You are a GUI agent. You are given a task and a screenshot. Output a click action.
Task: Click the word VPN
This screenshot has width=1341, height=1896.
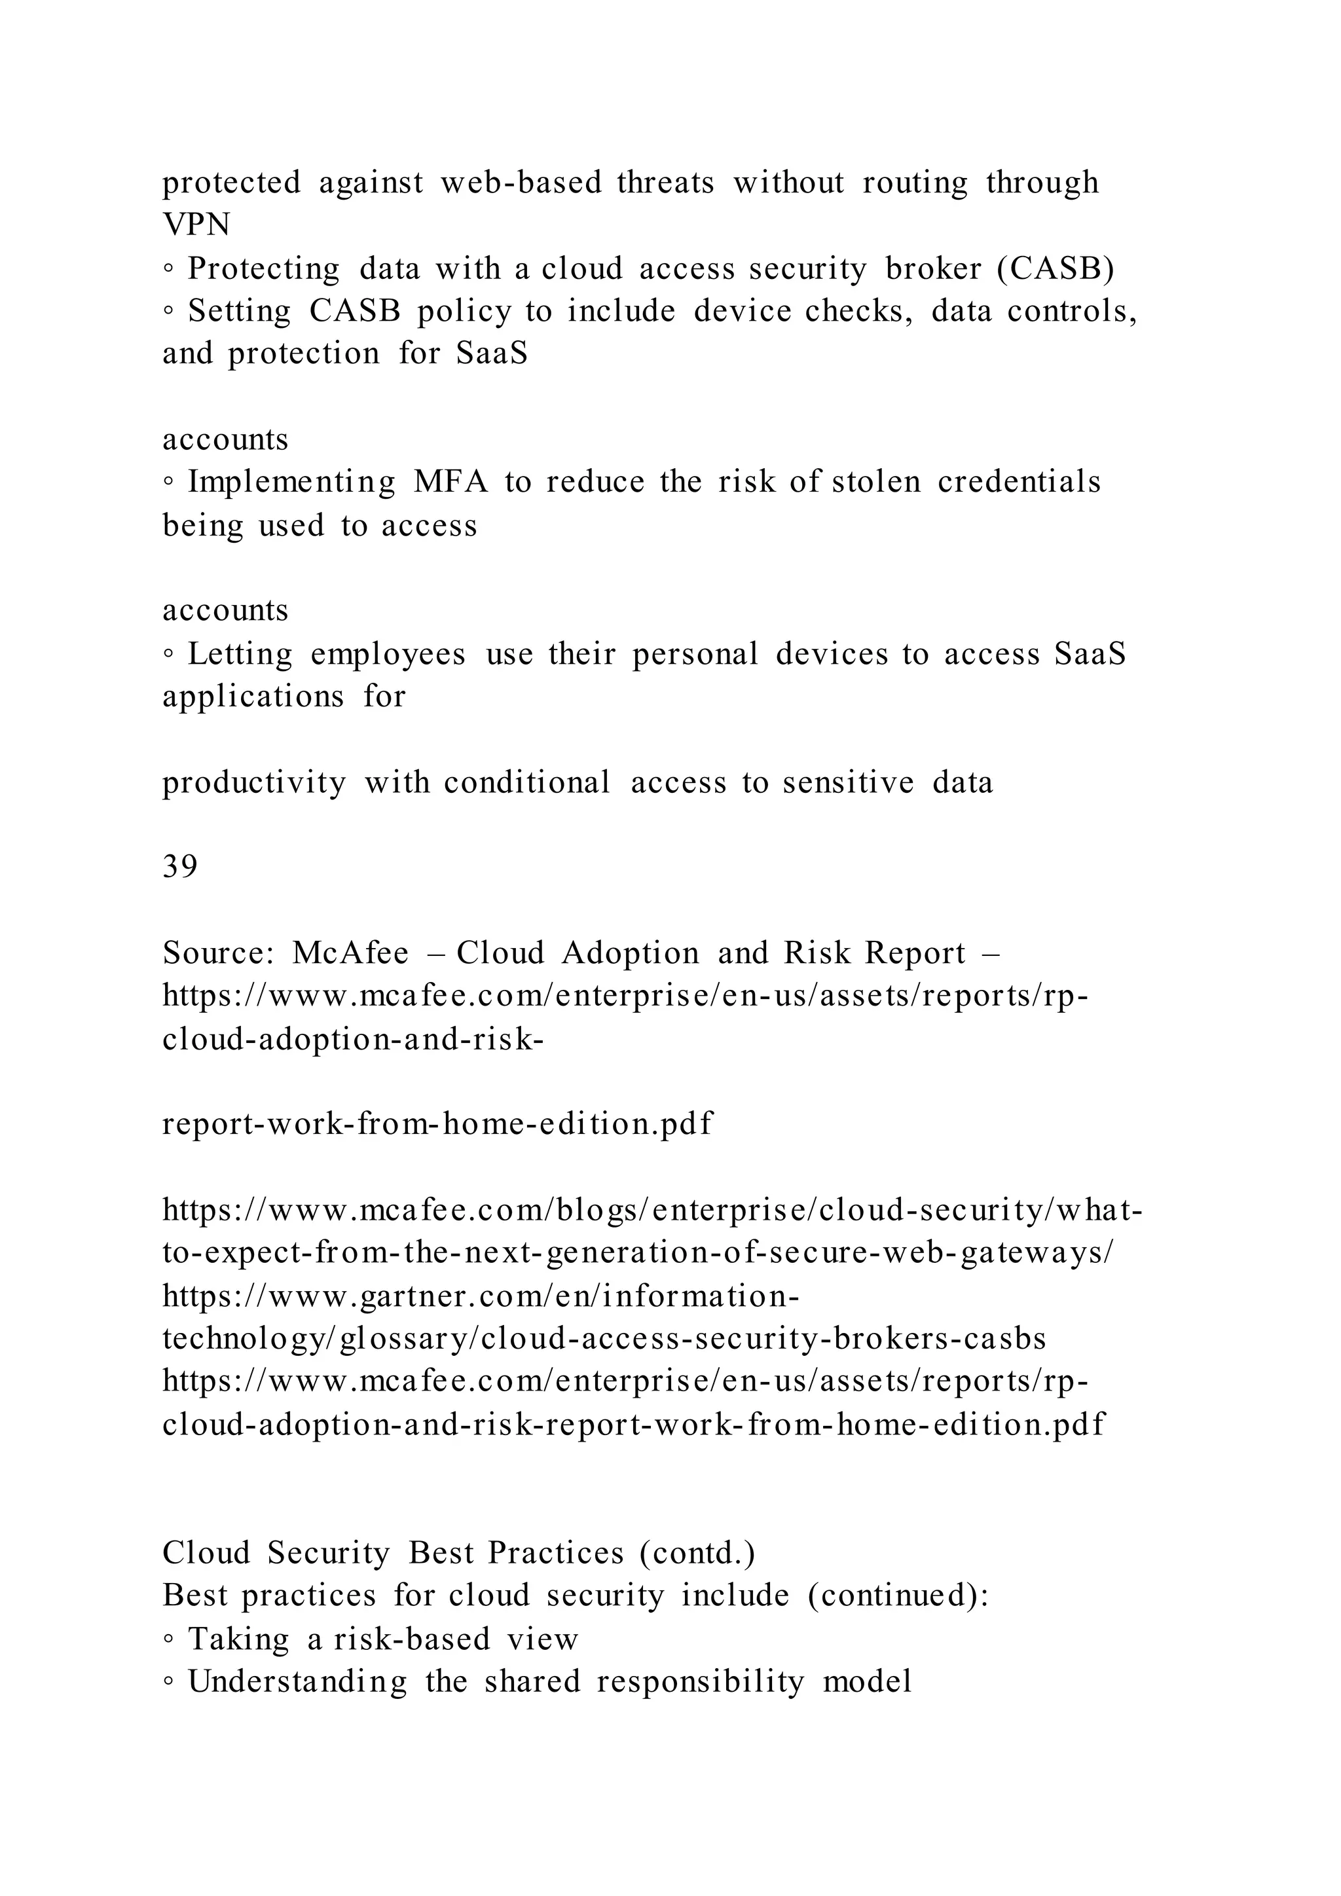click(x=196, y=225)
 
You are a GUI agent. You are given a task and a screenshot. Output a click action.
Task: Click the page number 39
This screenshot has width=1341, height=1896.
click(x=179, y=867)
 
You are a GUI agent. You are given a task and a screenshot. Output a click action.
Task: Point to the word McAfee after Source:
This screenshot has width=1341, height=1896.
click(x=350, y=953)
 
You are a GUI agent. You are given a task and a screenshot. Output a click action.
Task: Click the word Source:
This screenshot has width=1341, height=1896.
click(x=218, y=953)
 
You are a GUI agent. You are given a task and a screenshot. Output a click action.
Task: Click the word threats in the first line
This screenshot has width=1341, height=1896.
click(x=665, y=183)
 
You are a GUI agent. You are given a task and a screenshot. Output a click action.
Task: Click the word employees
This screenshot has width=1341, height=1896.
click(x=388, y=654)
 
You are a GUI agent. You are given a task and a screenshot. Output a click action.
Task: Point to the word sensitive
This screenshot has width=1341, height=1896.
click(x=848, y=782)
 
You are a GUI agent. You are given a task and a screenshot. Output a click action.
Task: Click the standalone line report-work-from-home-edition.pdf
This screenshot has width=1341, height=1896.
click(x=437, y=1124)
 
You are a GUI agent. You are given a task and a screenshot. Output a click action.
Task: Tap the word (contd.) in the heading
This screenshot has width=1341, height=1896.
click(x=697, y=1554)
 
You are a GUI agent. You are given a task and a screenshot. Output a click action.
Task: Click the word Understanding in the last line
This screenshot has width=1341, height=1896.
click(x=297, y=1682)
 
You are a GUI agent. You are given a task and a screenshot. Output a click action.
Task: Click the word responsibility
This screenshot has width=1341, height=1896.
click(x=700, y=1682)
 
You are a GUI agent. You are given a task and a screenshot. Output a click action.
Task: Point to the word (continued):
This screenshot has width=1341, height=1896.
click(x=898, y=1595)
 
